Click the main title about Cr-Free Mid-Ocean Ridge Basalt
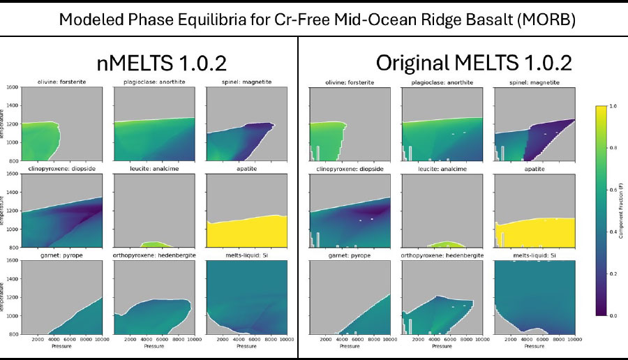tap(317, 19)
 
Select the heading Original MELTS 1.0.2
tap(474, 63)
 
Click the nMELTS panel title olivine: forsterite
tap(59, 82)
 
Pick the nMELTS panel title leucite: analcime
tap(151, 169)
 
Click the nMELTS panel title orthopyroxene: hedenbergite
tap(154, 255)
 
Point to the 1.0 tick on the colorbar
tap(612, 106)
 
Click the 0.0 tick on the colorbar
tap(612, 316)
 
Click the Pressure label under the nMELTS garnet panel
tap(59, 345)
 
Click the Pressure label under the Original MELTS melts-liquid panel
tap(534, 345)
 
